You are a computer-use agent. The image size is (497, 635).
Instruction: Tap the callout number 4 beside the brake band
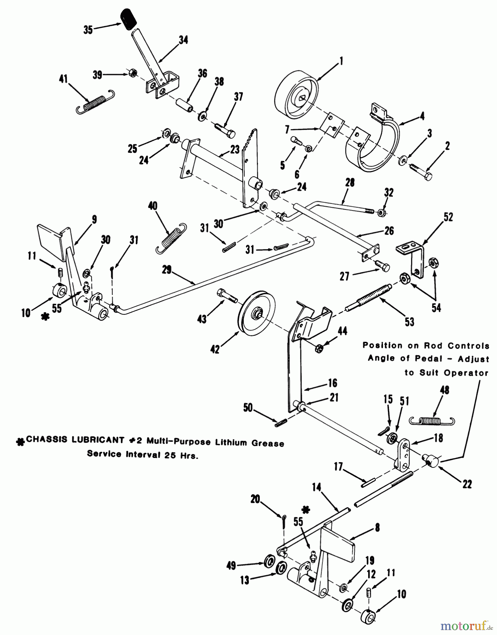click(422, 116)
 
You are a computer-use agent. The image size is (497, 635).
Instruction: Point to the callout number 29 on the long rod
click(167, 270)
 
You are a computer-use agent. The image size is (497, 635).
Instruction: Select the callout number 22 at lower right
click(467, 484)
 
